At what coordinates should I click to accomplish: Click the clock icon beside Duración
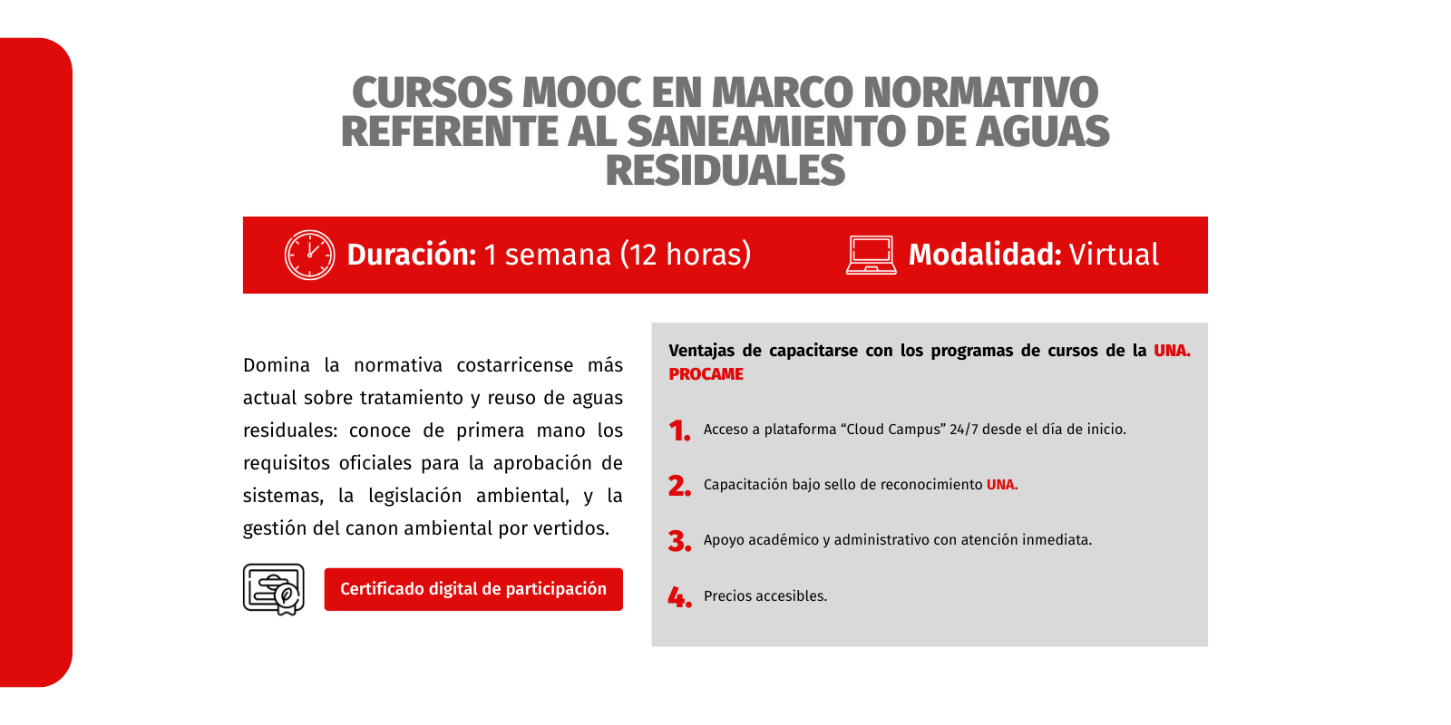pyautogui.click(x=309, y=255)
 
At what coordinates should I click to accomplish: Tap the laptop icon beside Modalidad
pyautogui.click(x=872, y=255)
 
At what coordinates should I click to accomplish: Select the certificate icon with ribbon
pyautogui.click(x=274, y=589)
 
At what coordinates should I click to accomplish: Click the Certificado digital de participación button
pyautogui.click(x=473, y=589)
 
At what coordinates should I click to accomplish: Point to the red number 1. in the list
pyautogui.click(x=679, y=430)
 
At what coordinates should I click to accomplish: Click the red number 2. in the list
pyautogui.click(x=680, y=486)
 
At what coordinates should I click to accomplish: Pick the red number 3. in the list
pyautogui.click(x=680, y=541)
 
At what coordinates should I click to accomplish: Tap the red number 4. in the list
pyautogui.click(x=680, y=597)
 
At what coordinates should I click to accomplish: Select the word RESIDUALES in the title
pyautogui.click(x=725, y=170)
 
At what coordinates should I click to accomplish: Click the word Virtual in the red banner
pyautogui.click(x=1114, y=255)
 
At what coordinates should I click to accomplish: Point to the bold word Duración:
pyautogui.click(x=412, y=255)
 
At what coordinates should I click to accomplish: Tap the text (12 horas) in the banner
pyautogui.click(x=686, y=255)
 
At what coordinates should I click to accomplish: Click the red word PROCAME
pyautogui.click(x=706, y=374)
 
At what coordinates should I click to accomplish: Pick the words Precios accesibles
pyautogui.click(x=765, y=595)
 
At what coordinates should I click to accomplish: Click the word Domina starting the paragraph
pyautogui.click(x=277, y=366)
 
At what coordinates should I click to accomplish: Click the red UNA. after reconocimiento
pyautogui.click(x=1002, y=484)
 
